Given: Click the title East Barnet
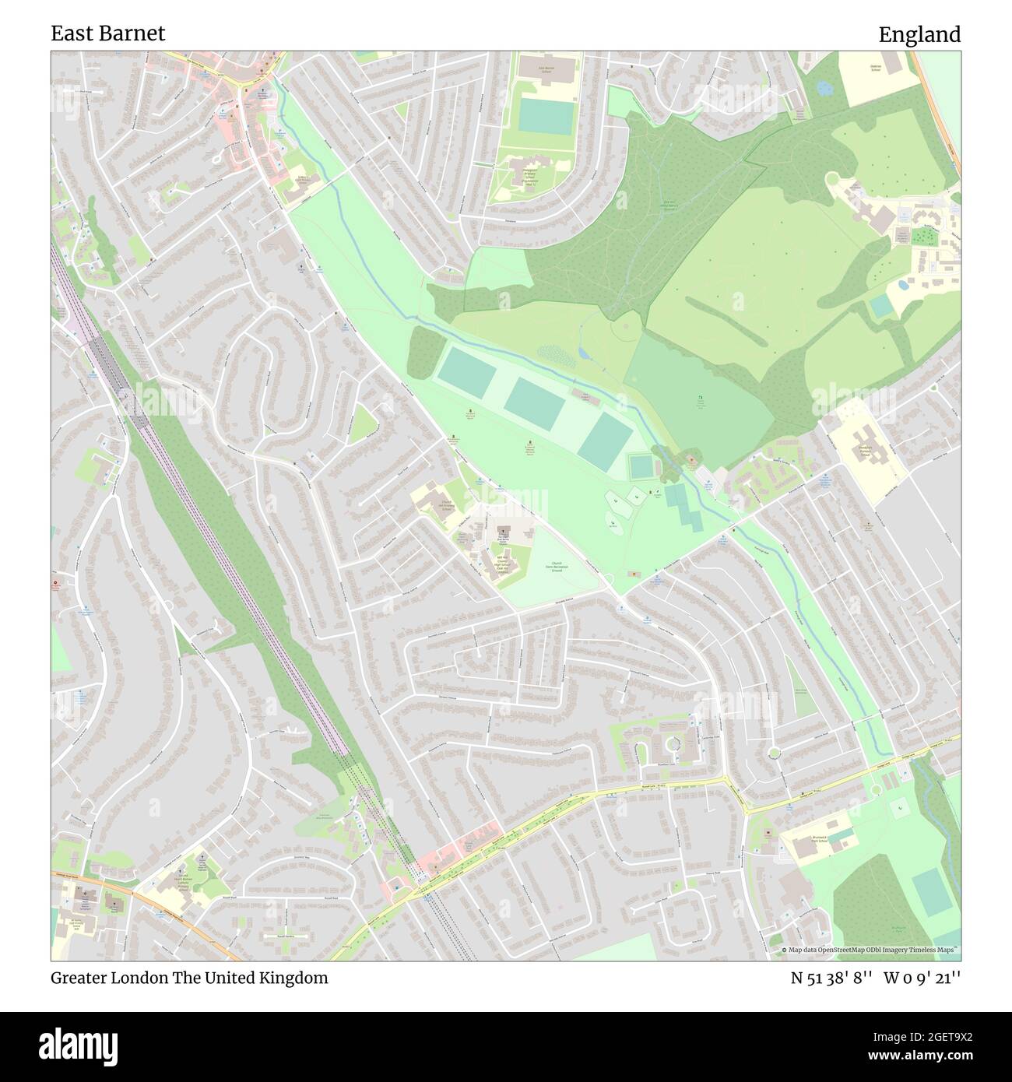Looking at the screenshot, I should (x=108, y=33).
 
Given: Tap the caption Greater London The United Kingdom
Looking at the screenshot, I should (x=189, y=978).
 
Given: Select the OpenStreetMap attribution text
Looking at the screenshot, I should (x=870, y=950).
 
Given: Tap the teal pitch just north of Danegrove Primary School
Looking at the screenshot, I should (x=546, y=116).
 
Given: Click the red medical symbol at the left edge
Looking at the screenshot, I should (x=55, y=583).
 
